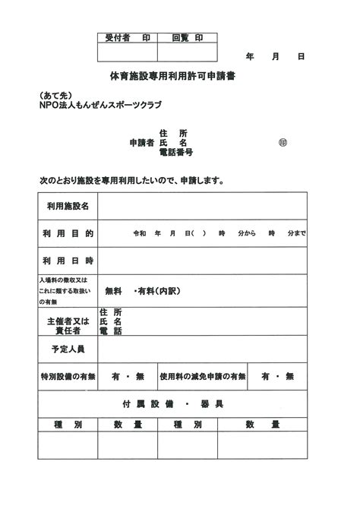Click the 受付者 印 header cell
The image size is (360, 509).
(127, 37)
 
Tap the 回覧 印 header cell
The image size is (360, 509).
(187, 37)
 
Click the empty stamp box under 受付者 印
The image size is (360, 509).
(127, 52)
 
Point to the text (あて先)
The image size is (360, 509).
(55, 95)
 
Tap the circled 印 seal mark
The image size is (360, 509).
(283, 142)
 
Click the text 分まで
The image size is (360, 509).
(296, 233)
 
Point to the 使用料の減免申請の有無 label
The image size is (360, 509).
(203, 376)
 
